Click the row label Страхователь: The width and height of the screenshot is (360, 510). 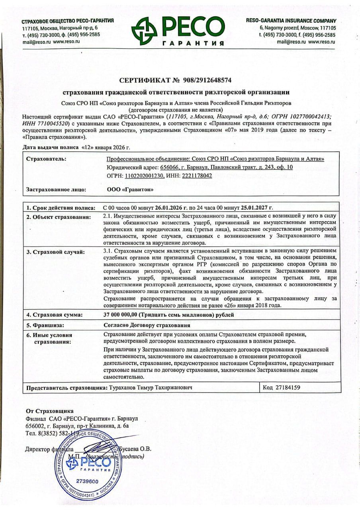(x=46, y=159)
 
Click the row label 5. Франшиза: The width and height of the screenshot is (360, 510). (x=45, y=324)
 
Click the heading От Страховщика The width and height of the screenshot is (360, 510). (x=50, y=411)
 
